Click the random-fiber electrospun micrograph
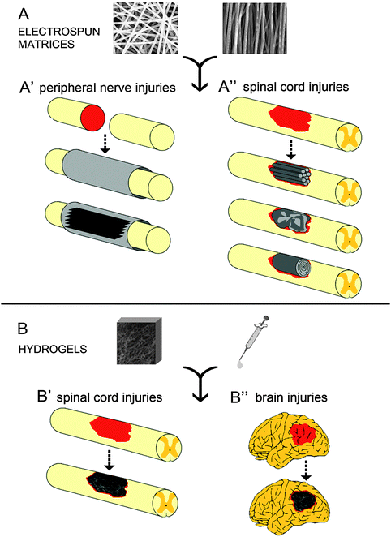(146, 28)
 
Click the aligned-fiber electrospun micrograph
(255, 28)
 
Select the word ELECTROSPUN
(59, 32)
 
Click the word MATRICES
(46, 44)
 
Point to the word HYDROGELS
(53, 350)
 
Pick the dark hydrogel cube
(140, 341)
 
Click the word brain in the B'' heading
(270, 397)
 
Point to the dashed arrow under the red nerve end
(105, 143)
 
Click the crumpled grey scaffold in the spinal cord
(290, 219)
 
